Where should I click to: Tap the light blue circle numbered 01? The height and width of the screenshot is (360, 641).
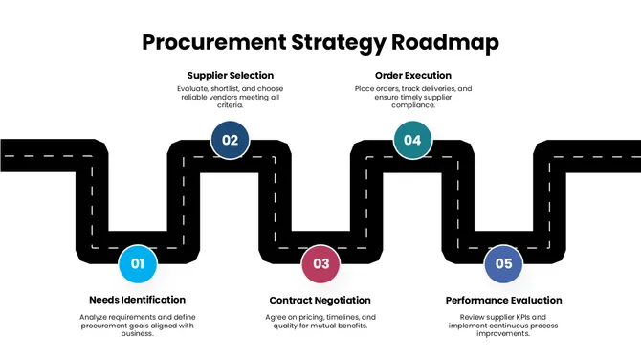click(137, 263)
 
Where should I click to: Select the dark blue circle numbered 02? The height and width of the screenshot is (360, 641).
click(230, 140)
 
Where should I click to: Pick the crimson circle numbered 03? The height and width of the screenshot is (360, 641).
click(320, 263)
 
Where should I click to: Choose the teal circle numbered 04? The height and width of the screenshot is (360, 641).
click(412, 140)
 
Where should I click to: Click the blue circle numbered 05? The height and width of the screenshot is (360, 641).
click(503, 263)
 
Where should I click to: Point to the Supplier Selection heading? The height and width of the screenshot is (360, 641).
click(230, 75)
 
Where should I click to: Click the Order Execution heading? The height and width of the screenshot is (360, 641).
click(412, 75)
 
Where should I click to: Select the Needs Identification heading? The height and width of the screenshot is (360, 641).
click(137, 300)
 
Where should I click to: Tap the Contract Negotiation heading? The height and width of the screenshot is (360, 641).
click(320, 300)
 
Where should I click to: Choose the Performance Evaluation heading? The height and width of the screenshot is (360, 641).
click(503, 300)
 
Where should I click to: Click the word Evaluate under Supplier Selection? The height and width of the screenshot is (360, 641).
click(194, 89)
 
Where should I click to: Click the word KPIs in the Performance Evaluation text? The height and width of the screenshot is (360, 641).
click(534, 317)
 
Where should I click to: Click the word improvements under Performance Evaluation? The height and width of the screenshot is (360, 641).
click(503, 334)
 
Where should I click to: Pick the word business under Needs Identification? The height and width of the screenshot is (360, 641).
click(137, 334)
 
